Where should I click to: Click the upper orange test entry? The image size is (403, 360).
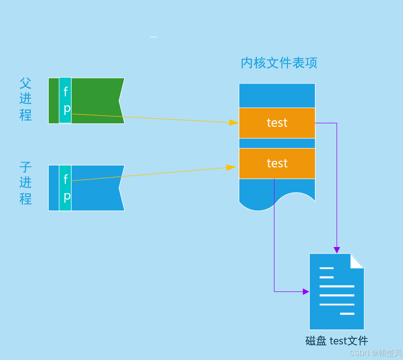click(x=277, y=123)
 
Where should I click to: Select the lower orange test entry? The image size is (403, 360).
click(x=277, y=164)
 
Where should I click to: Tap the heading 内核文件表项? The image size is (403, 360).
click(x=279, y=63)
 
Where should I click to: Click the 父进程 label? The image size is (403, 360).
click(x=25, y=99)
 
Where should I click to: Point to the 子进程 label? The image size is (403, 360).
click(x=25, y=183)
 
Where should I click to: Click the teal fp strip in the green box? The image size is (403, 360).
click(x=65, y=100)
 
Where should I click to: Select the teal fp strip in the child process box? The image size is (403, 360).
click(x=65, y=188)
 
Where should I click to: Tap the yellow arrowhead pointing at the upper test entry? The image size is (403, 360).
click(x=234, y=123)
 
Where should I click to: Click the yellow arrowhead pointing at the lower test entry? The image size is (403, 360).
click(x=231, y=168)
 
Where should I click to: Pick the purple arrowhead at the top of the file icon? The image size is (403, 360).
click(x=337, y=250)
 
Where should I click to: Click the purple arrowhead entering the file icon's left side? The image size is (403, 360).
click(x=306, y=292)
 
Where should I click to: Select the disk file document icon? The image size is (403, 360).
click(x=337, y=291)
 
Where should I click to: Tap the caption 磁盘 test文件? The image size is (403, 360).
click(x=337, y=341)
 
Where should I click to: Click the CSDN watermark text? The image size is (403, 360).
click(x=375, y=353)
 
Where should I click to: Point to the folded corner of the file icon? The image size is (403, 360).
click(x=357, y=261)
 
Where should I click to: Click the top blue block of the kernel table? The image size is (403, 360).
click(x=277, y=95)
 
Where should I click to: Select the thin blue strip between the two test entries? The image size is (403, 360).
click(x=277, y=143)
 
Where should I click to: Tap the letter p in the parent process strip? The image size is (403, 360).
click(x=67, y=109)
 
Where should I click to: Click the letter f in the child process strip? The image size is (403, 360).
click(x=66, y=179)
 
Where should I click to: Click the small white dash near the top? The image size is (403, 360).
click(x=154, y=37)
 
